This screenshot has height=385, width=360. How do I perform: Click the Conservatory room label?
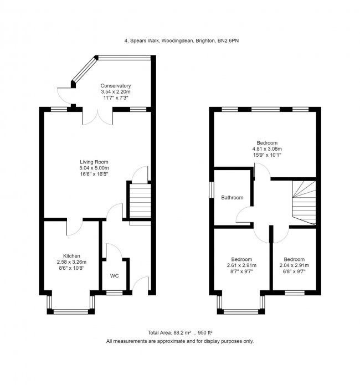click(115, 86)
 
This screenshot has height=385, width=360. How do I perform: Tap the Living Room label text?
click(94, 162)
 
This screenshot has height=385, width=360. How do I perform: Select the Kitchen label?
click(71, 256)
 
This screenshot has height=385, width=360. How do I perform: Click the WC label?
click(115, 276)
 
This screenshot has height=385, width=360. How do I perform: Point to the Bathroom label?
click(232, 197)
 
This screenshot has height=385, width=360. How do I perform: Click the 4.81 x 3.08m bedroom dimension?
click(267, 149)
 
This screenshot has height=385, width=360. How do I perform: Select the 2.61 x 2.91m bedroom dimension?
click(241, 265)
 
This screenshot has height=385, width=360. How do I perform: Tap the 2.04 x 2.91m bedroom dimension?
click(294, 265)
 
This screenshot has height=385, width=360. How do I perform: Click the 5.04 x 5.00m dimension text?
click(94, 168)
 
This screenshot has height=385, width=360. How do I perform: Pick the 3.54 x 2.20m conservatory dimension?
click(115, 92)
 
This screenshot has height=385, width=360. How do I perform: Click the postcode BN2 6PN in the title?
click(228, 41)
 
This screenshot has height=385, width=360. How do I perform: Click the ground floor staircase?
click(140, 201)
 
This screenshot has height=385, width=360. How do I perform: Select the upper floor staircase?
click(304, 203)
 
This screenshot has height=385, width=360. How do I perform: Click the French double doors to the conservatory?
click(97, 117)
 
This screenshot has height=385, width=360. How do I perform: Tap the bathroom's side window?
click(212, 189)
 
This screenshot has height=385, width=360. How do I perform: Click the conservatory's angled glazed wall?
click(85, 70)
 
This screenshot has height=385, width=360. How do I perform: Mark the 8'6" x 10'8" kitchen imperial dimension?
click(71, 268)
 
